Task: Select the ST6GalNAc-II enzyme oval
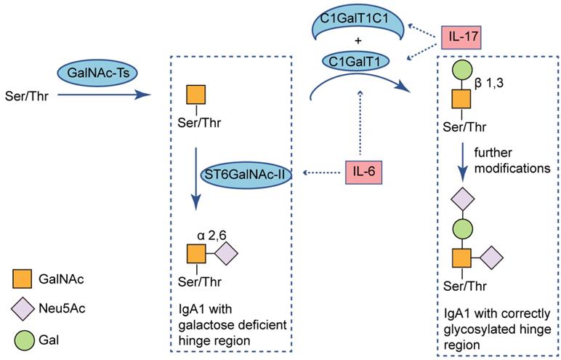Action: [x=249, y=174]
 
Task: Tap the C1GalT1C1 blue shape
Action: [x=353, y=21]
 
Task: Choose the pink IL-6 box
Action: [x=365, y=173]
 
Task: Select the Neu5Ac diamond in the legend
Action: [x=23, y=308]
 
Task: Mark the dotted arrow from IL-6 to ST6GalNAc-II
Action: [x=323, y=174]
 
